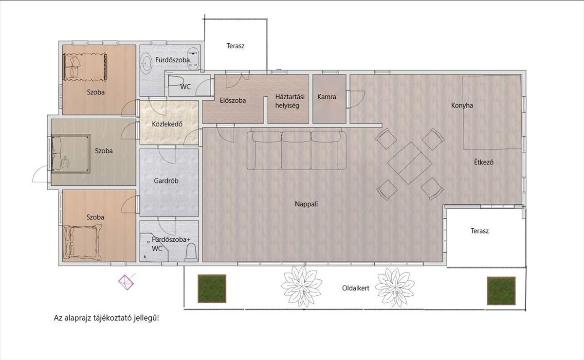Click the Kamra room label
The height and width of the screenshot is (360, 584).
tap(327, 97)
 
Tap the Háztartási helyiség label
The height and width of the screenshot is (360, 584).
tap(290, 101)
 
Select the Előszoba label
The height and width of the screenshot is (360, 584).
tap(233, 100)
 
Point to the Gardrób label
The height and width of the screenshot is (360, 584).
tap(166, 180)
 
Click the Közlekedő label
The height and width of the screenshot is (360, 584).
tap(167, 124)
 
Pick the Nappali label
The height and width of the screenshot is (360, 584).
tap(306, 204)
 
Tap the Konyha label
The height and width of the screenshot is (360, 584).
tap(462, 106)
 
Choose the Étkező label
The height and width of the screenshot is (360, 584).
tap(484, 162)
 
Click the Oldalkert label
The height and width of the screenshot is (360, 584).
tap(356, 288)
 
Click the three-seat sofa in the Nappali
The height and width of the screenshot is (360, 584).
tap(296, 150)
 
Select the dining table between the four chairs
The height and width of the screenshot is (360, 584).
tap(410, 163)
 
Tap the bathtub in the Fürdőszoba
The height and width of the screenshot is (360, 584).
tap(146, 63)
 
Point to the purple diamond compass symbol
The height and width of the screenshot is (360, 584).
tap(126, 282)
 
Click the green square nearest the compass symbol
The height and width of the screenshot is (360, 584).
tap(212, 288)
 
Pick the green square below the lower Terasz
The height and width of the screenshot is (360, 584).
tap(501, 291)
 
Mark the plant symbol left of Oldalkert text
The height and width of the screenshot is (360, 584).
tap(301, 287)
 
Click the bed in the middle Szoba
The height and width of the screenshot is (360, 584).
tap(71, 154)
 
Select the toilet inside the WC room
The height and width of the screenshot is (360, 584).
tap(176, 81)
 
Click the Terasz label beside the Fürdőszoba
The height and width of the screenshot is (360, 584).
tap(236, 46)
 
